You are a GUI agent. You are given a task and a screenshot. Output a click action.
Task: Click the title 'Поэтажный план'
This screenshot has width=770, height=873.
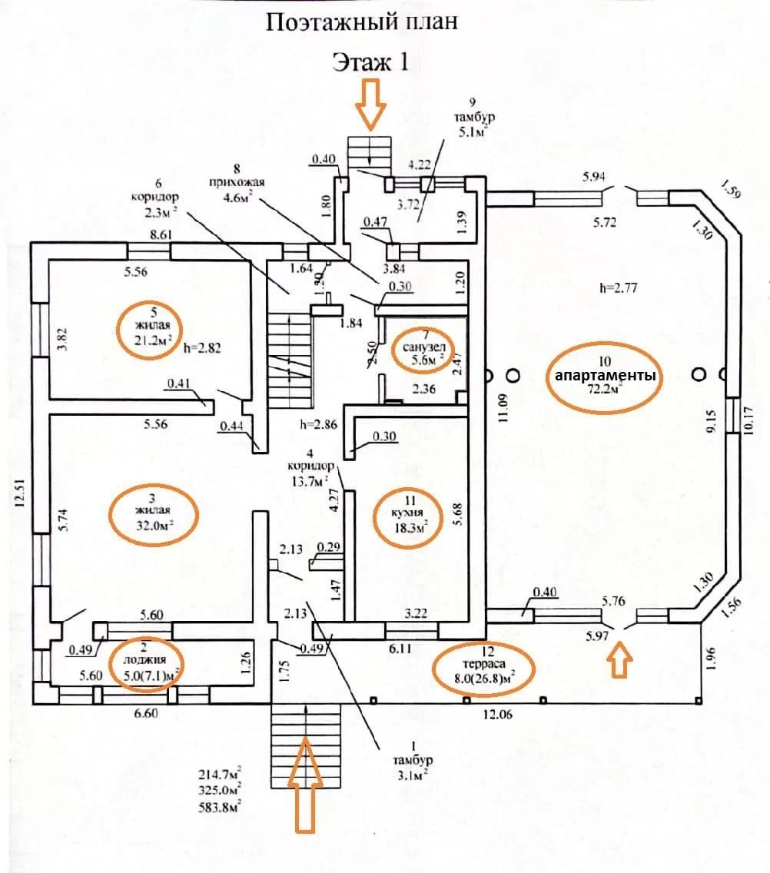click(362, 22)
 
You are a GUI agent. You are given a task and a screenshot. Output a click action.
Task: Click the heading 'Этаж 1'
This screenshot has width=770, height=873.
click(370, 61)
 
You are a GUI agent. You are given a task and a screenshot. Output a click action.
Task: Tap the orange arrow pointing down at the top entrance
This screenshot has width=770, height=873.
click(371, 104)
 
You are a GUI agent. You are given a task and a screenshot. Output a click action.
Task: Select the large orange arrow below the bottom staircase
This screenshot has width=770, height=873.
click(305, 785)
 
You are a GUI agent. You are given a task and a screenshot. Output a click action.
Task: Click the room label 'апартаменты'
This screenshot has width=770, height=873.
click(605, 375)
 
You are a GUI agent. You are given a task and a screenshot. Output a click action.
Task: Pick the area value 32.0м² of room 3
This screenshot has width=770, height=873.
click(154, 524)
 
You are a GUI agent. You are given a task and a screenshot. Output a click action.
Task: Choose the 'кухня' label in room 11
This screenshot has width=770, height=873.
click(408, 513)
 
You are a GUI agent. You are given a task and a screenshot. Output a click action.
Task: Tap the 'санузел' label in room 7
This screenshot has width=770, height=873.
click(424, 347)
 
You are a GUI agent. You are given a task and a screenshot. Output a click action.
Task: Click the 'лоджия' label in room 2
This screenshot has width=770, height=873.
click(144, 660)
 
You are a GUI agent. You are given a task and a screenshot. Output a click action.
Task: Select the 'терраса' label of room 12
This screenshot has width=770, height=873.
click(483, 663)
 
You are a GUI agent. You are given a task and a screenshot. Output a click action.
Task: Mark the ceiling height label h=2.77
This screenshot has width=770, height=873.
click(618, 288)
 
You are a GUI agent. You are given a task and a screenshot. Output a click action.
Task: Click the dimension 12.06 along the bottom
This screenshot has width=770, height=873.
click(497, 714)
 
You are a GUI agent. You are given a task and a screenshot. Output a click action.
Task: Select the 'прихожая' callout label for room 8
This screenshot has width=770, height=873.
click(237, 181)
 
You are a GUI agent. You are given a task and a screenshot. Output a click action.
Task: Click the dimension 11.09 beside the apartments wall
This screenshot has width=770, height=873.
click(504, 408)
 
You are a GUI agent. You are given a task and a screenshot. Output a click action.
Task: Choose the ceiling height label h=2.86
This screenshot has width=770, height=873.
click(318, 425)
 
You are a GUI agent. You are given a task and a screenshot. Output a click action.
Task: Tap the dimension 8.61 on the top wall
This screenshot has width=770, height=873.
click(161, 235)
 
